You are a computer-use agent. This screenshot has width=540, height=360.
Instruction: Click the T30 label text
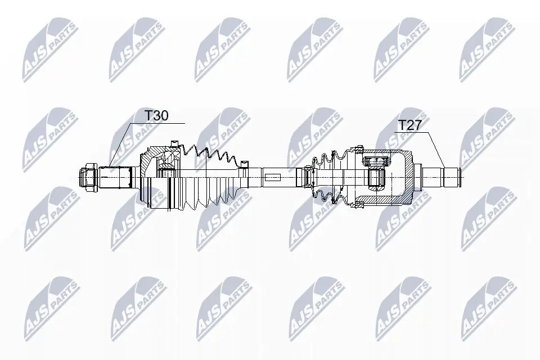[x=157, y=115]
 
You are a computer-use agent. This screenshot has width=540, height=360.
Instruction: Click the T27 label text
[x=409, y=125]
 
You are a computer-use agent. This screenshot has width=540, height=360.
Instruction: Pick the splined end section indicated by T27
[x=445, y=176]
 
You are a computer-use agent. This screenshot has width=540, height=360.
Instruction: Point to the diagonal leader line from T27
[x=437, y=150]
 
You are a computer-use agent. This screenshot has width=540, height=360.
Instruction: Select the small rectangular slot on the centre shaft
[x=272, y=177]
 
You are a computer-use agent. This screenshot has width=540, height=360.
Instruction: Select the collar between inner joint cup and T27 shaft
[x=417, y=176]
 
